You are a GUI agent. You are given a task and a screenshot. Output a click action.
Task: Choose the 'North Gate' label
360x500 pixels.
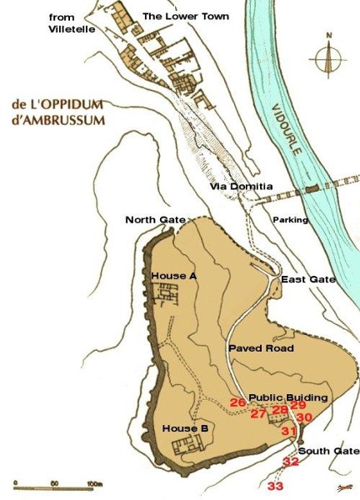point(155,219)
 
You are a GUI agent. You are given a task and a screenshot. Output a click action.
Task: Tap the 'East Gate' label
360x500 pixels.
point(308,279)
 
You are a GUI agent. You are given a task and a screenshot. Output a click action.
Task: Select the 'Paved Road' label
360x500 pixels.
point(260,347)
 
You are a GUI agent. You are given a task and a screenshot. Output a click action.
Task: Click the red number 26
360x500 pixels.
point(237,402)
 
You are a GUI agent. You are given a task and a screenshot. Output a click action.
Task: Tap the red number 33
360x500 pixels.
point(275,486)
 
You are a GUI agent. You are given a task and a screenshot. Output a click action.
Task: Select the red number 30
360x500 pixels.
point(304,417)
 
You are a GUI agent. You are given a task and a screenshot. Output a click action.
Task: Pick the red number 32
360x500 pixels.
point(290,461)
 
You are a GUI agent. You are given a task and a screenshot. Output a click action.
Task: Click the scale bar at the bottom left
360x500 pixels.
point(57,483)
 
